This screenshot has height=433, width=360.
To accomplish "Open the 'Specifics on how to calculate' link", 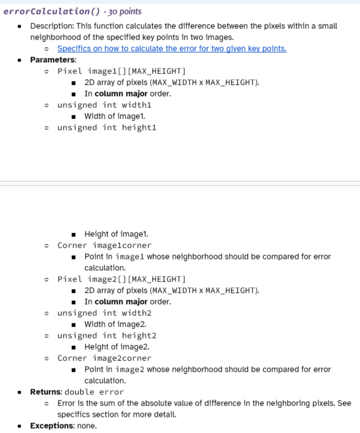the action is [172, 49].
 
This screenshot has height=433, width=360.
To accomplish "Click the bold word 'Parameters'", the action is [53, 60].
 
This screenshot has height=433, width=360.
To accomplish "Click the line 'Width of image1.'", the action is [115, 117].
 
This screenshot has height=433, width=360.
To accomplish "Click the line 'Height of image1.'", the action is [116, 234].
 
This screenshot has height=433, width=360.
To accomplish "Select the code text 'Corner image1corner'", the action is [104, 246].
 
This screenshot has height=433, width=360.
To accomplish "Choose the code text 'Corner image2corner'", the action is [104, 358].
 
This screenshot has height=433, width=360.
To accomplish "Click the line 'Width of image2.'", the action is [115, 325].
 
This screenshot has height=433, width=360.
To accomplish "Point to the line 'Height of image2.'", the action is [116, 347].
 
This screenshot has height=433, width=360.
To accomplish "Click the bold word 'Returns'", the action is [46, 392].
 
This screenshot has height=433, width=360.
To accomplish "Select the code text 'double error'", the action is [95, 392].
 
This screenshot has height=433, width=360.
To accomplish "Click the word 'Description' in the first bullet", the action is [53, 26].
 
